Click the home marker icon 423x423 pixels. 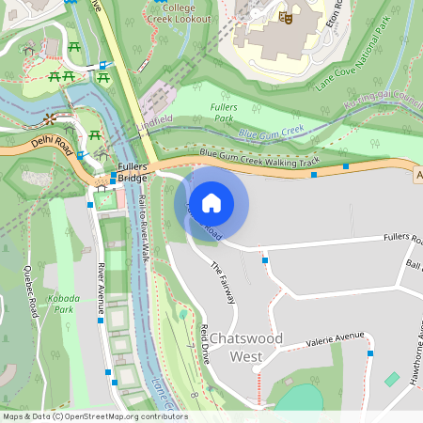click(x=211, y=202)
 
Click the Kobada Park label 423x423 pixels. click(x=63, y=303)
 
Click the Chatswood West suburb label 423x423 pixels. click(x=243, y=347)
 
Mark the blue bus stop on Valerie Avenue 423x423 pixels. click(x=370, y=353)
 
